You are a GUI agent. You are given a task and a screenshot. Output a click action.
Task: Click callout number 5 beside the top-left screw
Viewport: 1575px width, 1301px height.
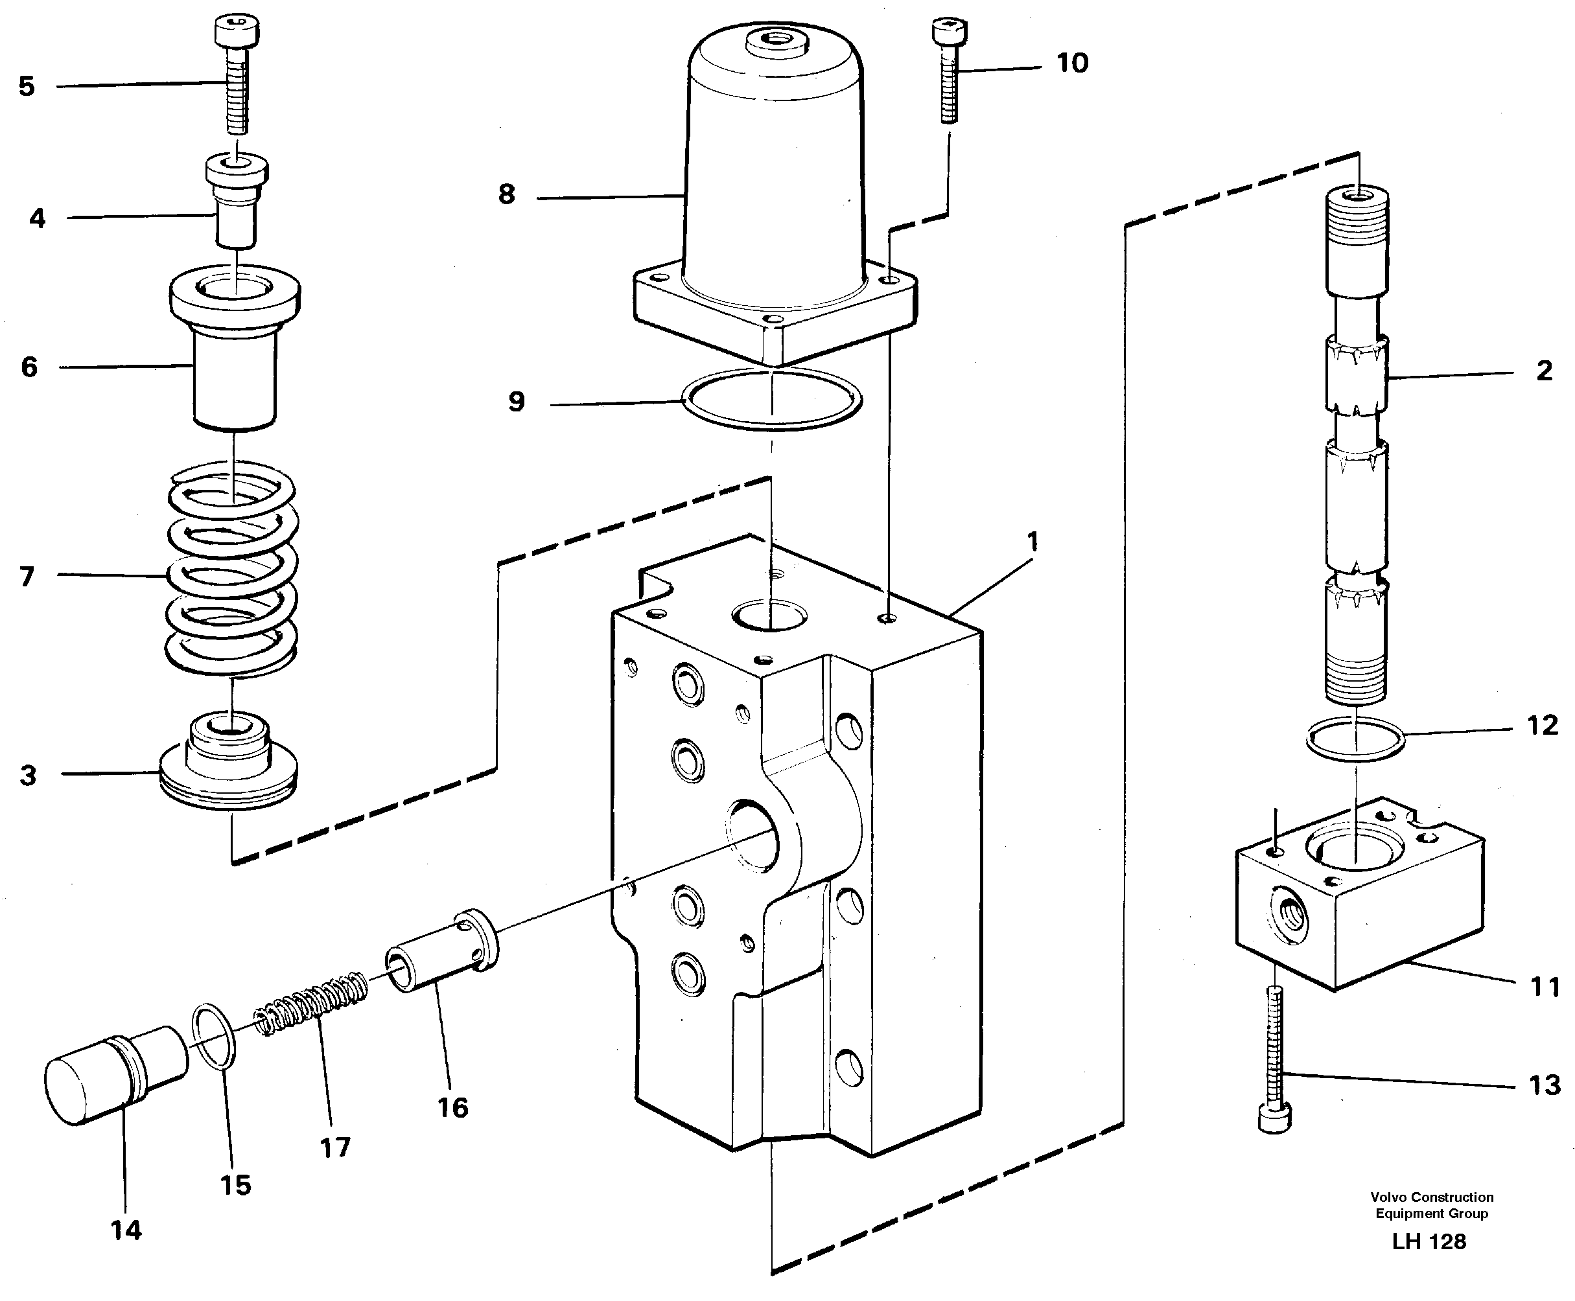point(27,86)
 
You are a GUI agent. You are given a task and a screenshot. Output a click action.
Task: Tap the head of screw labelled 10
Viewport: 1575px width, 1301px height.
point(948,32)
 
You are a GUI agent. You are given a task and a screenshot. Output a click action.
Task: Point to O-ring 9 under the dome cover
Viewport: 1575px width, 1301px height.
point(772,400)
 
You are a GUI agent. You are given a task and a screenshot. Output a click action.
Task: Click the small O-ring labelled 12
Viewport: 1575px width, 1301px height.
point(1355,739)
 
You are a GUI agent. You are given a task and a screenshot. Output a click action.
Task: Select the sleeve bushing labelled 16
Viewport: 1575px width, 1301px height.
point(442,952)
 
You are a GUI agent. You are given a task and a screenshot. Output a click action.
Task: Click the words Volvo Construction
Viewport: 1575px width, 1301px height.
point(1432,1197)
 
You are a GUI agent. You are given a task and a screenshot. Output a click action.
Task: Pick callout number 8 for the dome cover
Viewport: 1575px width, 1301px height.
point(507,195)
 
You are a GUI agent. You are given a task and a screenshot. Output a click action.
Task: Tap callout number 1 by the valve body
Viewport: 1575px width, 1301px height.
point(1032,541)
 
